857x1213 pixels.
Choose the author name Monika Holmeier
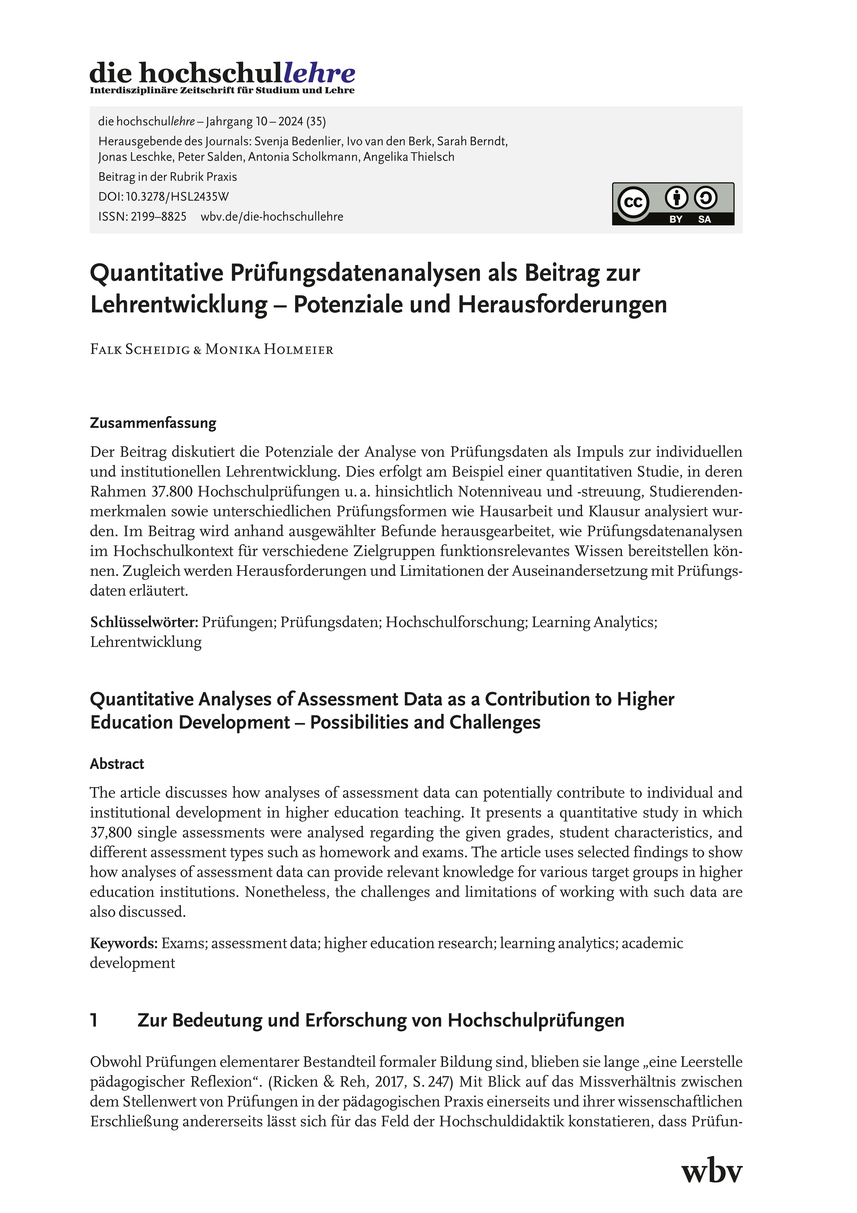pos(269,350)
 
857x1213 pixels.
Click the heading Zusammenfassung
pos(153,423)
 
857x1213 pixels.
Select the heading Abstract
pos(117,764)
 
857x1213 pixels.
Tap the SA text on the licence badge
pos(705,219)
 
